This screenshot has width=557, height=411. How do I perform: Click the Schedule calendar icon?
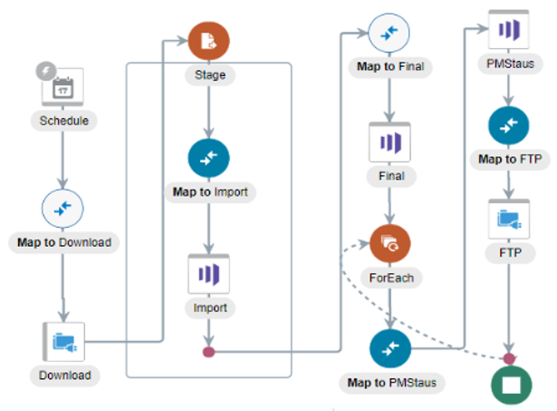tap(62, 88)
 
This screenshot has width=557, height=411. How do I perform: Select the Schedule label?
tap(62, 120)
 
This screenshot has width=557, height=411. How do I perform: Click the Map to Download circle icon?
tap(62, 209)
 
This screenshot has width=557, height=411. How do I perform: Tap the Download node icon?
tap(62, 342)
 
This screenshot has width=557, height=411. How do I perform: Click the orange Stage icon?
tap(209, 41)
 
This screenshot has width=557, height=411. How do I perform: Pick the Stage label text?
tap(209, 73)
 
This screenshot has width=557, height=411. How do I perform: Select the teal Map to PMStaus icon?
tap(390, 349)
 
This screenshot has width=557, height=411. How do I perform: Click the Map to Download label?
tap(63, 242)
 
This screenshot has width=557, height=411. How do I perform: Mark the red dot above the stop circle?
tap(510, 358)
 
